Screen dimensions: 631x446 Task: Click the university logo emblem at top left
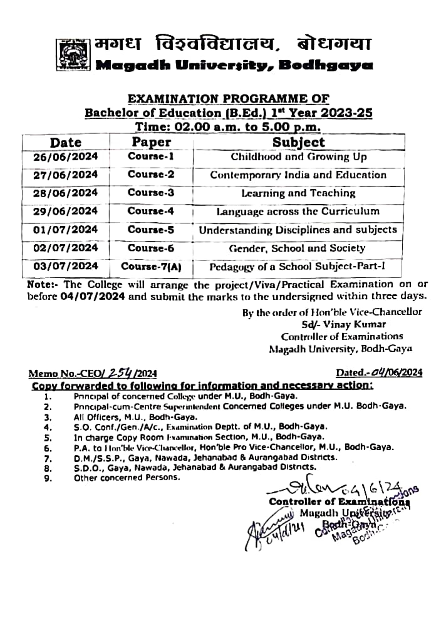[x=73, y=55]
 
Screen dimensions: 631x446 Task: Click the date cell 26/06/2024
[x=65, y=157]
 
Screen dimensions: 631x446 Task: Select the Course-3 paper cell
[x=151, y=192]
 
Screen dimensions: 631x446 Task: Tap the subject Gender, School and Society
[x=297, y=248]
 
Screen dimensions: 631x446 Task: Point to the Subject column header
[x=298, y=142]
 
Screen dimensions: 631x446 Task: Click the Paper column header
[x=151, y=142]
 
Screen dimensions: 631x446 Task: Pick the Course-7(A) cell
[x=151, y=266]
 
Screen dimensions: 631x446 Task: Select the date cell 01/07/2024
[x=65, y=230]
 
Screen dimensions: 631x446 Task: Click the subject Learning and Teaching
[x=298, y=193]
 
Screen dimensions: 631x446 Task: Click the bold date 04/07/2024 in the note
[x=93, y=296]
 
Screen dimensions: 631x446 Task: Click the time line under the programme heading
[x=228, y=126]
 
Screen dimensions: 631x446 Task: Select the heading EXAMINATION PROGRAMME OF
[x=228, y=99]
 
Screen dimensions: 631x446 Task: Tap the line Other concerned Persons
[x=127, y=478]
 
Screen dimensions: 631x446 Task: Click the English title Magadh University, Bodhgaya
[x=234, y=65]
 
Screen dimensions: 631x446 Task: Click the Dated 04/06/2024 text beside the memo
[x=379, y=373]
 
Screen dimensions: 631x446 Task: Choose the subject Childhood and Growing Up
[x=299, y=157]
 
